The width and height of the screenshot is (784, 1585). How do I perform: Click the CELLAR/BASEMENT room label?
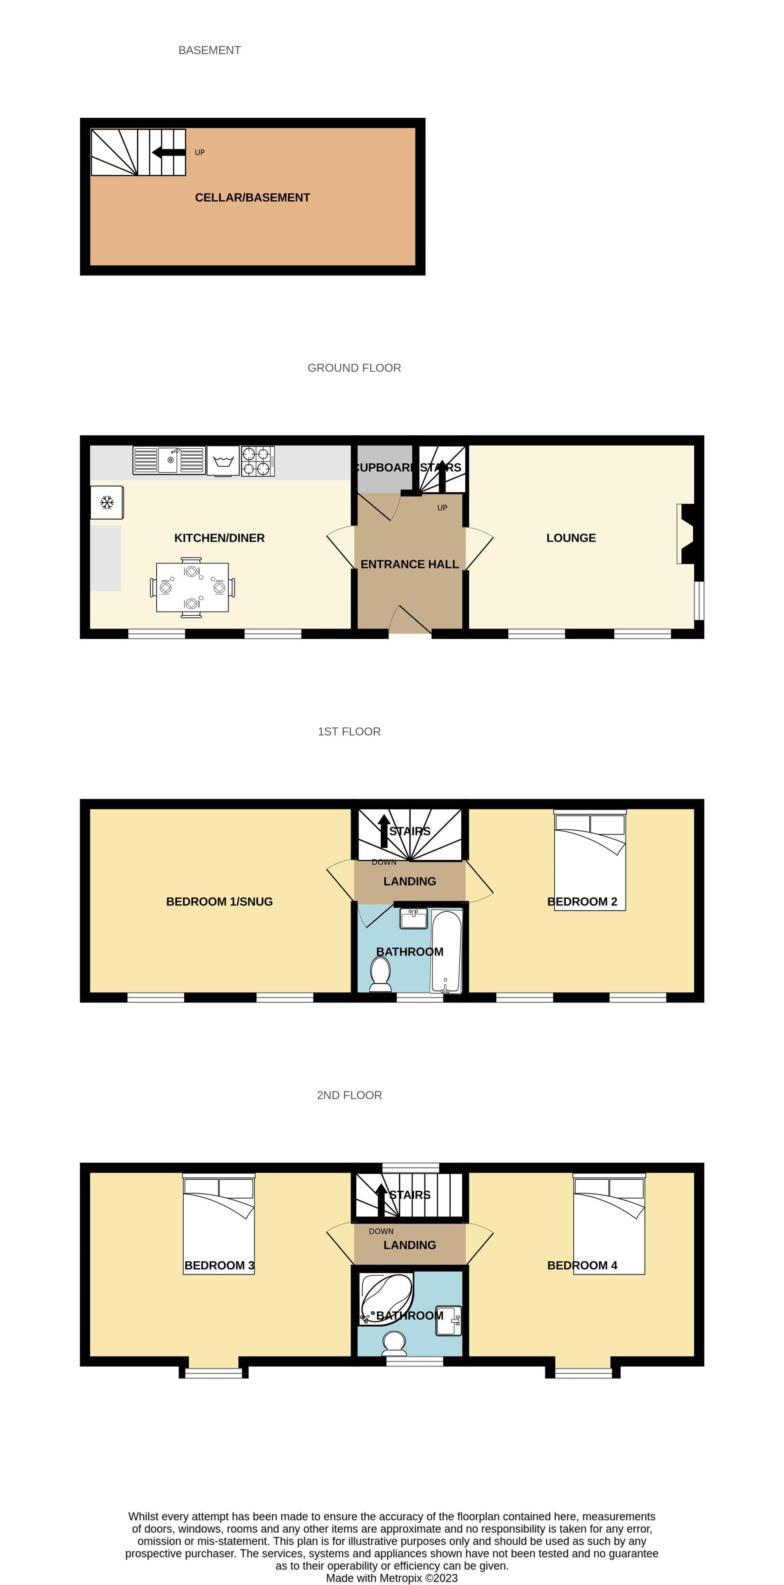252,198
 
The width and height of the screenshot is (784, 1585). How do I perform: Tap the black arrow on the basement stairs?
168,152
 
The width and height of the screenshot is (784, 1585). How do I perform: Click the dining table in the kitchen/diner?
192,587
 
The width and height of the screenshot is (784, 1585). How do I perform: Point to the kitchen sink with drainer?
169,460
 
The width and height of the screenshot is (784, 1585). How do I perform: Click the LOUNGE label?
571,538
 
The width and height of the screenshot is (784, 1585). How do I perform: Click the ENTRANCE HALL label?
409,564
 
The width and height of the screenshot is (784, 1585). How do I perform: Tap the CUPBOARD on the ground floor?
384,468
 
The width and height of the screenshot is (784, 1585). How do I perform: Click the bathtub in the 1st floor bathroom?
446,951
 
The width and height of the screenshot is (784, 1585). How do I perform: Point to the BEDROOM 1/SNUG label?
220,901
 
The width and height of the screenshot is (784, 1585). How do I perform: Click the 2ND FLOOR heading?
349,1095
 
